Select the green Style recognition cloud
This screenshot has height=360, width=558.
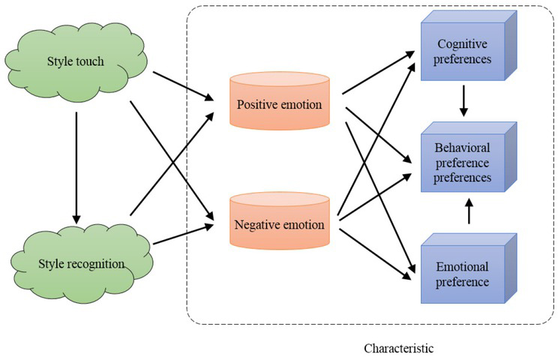click(x=82, y=262)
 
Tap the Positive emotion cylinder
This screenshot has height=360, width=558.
click(x=279, y=103)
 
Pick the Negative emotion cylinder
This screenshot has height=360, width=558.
click(x=279, y=223)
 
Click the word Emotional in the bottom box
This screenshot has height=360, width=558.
click(x=463, y=267)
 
